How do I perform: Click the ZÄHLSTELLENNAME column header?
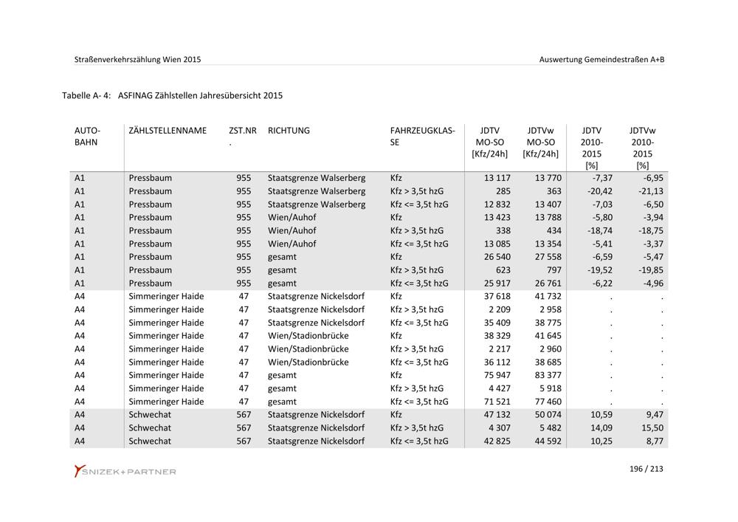(x=168, y=131)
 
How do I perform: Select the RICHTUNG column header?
(x=289, y=131)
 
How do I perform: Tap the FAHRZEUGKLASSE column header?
(x=422, y=136)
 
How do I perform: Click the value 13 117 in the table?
(x=497, y=178)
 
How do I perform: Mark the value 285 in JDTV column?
(x=503, y=191)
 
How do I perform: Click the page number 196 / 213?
(x=646, y=469)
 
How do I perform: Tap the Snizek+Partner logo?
(x=125, y=471)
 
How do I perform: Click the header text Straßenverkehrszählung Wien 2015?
(x=137, y=59)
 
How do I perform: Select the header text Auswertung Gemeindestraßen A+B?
(x=602, y=59)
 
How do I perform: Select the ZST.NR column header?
(x=243, y=131)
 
